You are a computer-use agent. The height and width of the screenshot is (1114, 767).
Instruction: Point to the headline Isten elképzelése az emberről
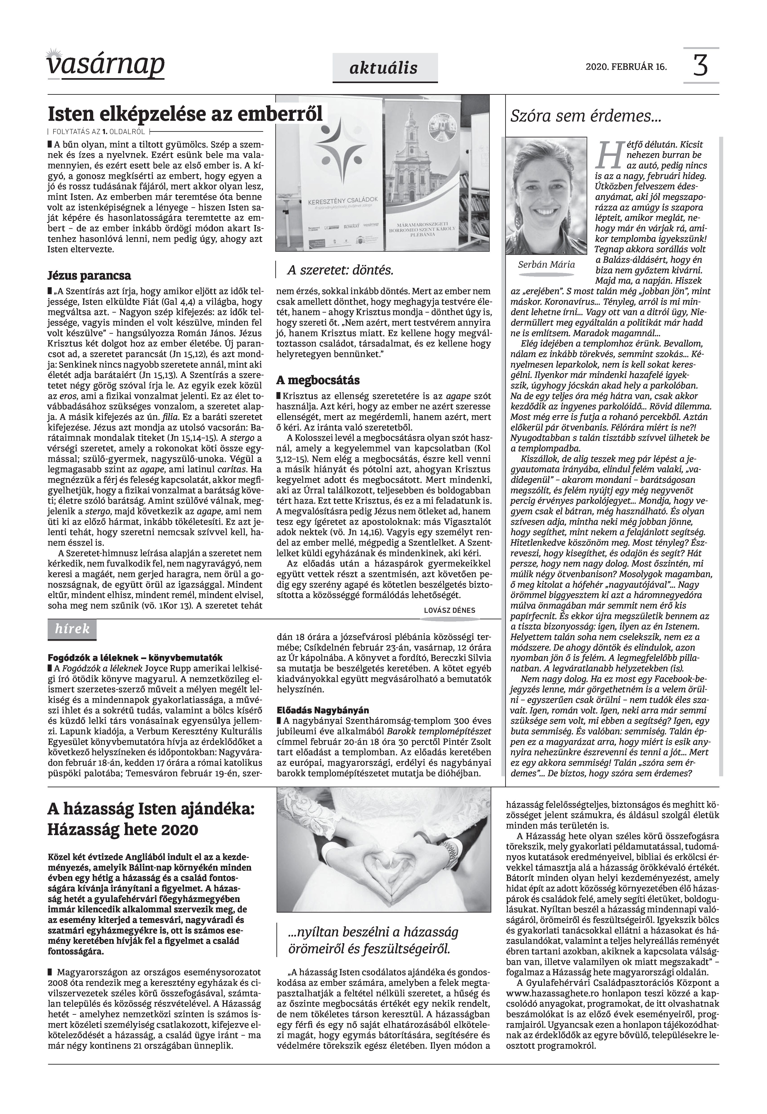point(185,115)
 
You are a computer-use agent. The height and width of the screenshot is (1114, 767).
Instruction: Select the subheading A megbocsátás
point(318,380)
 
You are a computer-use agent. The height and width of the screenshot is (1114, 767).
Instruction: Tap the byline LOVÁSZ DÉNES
point(449,610)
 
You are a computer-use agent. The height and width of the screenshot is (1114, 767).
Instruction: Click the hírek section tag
point(72,629)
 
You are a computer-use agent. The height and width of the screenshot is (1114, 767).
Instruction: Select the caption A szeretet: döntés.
point(340,270)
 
